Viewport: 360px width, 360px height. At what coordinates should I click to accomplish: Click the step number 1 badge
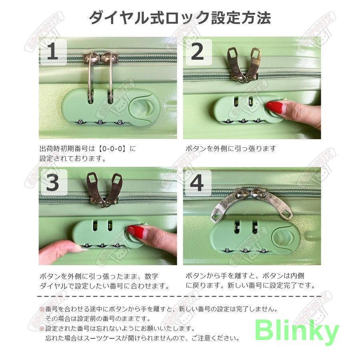[x=52, y=52]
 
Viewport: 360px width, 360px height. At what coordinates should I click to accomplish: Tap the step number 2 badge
[x=198, y=52]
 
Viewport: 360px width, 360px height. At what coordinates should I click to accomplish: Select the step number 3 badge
[x=53, y=182]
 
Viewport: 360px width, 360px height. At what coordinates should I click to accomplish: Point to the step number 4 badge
[x=198, y=183]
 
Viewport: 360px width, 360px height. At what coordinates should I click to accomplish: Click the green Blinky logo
[x=297, y=331]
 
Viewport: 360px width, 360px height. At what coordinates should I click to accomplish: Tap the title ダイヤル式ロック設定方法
[x=180, y=18]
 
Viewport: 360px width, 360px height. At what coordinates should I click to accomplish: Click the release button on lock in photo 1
[x=144, y=107]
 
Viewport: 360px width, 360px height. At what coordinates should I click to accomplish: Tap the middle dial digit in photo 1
[x=100, y=122]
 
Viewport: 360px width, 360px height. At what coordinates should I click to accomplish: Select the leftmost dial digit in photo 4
[x=227, y=250]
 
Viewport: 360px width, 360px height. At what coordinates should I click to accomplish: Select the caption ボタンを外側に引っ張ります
[x=230, y=149]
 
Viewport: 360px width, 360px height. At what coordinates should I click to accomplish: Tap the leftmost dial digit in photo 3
[x=87, y=246]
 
